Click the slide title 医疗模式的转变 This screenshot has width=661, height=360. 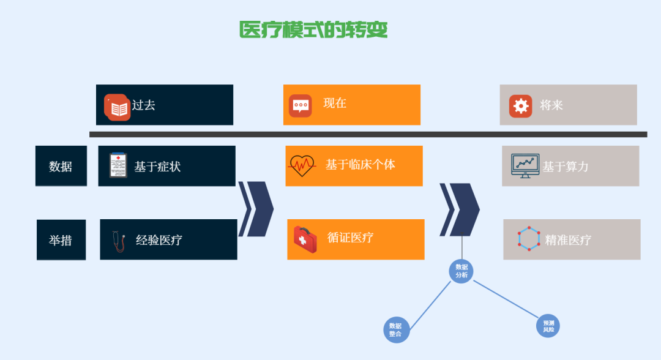(x=313, y=30)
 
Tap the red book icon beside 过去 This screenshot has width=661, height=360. (x=117, y=108)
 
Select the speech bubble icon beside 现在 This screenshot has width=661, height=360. (x=301, y=105)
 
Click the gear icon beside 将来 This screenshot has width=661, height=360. (x=520, y=106)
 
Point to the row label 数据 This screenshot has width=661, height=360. (x=61, y=166)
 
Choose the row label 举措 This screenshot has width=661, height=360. (x=61, y=240)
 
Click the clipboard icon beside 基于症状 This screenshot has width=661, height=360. (x=118, y=165)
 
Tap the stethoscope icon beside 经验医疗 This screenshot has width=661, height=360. (x=118, y=240)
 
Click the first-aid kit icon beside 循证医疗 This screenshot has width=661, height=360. (x=305, y=239)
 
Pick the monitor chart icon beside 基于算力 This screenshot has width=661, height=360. (x=525, y=165)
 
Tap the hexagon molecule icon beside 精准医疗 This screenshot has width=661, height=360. (x=528, y=239)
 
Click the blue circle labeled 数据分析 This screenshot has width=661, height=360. (x=461, y=271)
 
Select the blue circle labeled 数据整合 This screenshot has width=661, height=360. (x=395, y=330)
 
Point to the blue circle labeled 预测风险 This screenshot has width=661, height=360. (x=548, y=325)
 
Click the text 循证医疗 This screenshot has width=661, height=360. (x=351, y=238)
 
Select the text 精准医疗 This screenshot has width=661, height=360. (x=568, y=240)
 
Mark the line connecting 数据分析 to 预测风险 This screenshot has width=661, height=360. (x=506, y=299)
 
